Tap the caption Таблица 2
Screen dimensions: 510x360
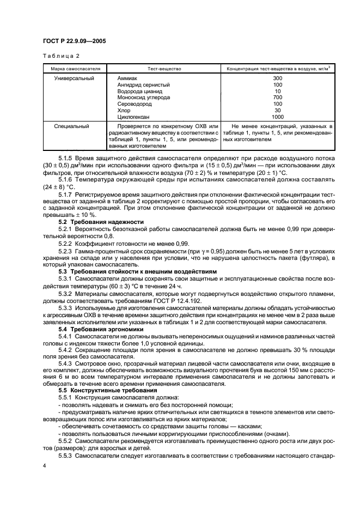61,56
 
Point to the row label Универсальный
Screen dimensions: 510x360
74,78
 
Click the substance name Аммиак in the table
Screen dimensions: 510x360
128,78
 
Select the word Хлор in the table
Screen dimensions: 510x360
124,110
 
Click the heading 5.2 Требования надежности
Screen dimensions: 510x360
101,222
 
